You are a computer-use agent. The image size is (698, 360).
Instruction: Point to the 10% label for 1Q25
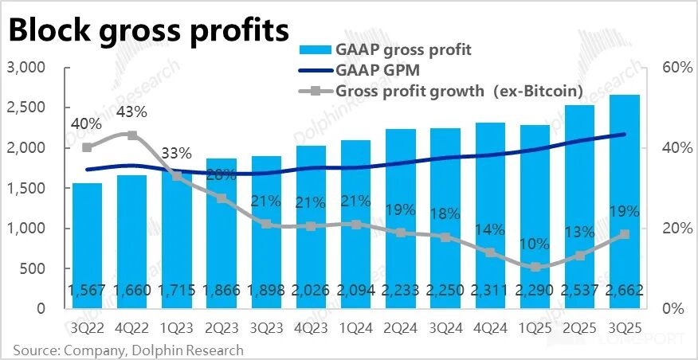pos(534,244)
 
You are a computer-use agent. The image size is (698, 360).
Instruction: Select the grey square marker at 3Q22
pos(87,147)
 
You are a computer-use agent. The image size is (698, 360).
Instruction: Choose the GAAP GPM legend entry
pos(374,71)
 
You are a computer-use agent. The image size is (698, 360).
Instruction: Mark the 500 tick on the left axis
pos(33,268)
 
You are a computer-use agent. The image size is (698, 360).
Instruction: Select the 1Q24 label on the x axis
pos(355,327)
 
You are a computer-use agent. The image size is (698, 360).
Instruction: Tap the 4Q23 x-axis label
pos(310,327)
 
